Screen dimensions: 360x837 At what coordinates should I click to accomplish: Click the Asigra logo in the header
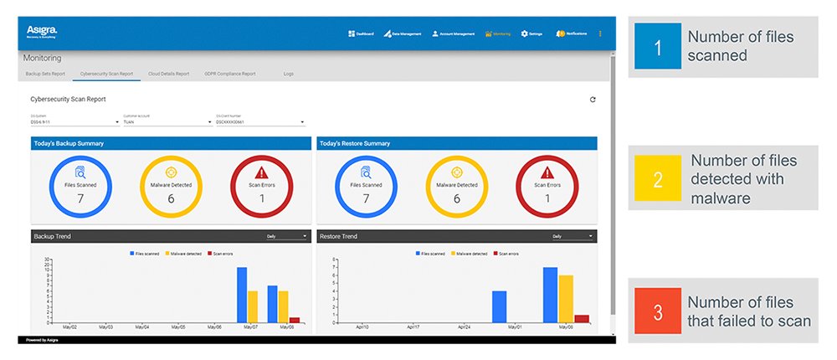41,31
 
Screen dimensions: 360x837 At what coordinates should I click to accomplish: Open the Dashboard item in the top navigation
362,34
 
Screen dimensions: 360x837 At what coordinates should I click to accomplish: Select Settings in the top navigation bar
532,34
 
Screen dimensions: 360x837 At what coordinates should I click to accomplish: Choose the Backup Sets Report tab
45,74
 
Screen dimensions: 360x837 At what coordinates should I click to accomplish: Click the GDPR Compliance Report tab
230,74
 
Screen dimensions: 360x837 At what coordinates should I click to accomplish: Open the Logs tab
289,74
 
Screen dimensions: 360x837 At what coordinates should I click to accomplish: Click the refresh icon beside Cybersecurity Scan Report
593,100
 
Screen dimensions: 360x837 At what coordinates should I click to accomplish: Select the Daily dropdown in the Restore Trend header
573,237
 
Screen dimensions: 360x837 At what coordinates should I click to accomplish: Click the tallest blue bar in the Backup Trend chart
242,295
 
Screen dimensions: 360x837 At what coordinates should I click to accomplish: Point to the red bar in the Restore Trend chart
582,319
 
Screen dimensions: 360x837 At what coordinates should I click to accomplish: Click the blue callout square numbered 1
657,47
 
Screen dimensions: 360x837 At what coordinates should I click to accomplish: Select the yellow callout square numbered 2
657,178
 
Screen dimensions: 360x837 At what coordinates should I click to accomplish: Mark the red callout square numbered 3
657,311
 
